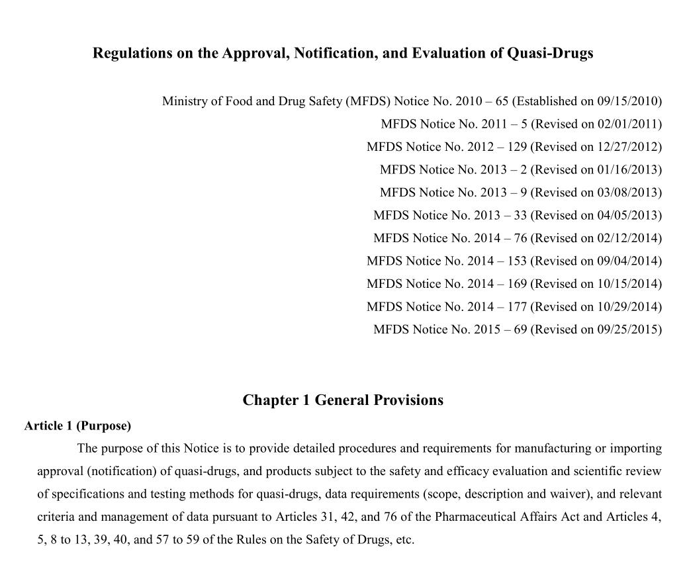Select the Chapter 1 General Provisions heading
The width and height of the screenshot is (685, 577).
[343, 400]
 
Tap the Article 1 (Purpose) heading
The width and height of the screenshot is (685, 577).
[77, 425]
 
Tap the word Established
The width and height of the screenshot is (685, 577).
[547, 101]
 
